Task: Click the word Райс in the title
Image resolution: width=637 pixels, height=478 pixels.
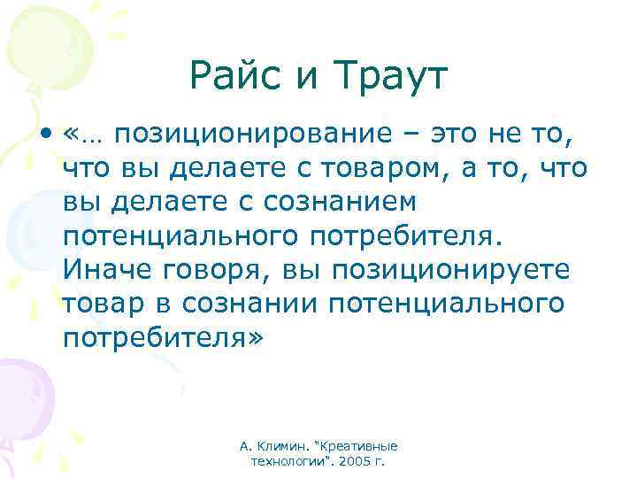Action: [x=234, y=78]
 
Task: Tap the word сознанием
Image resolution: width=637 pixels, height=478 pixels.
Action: [x=340, y=203]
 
